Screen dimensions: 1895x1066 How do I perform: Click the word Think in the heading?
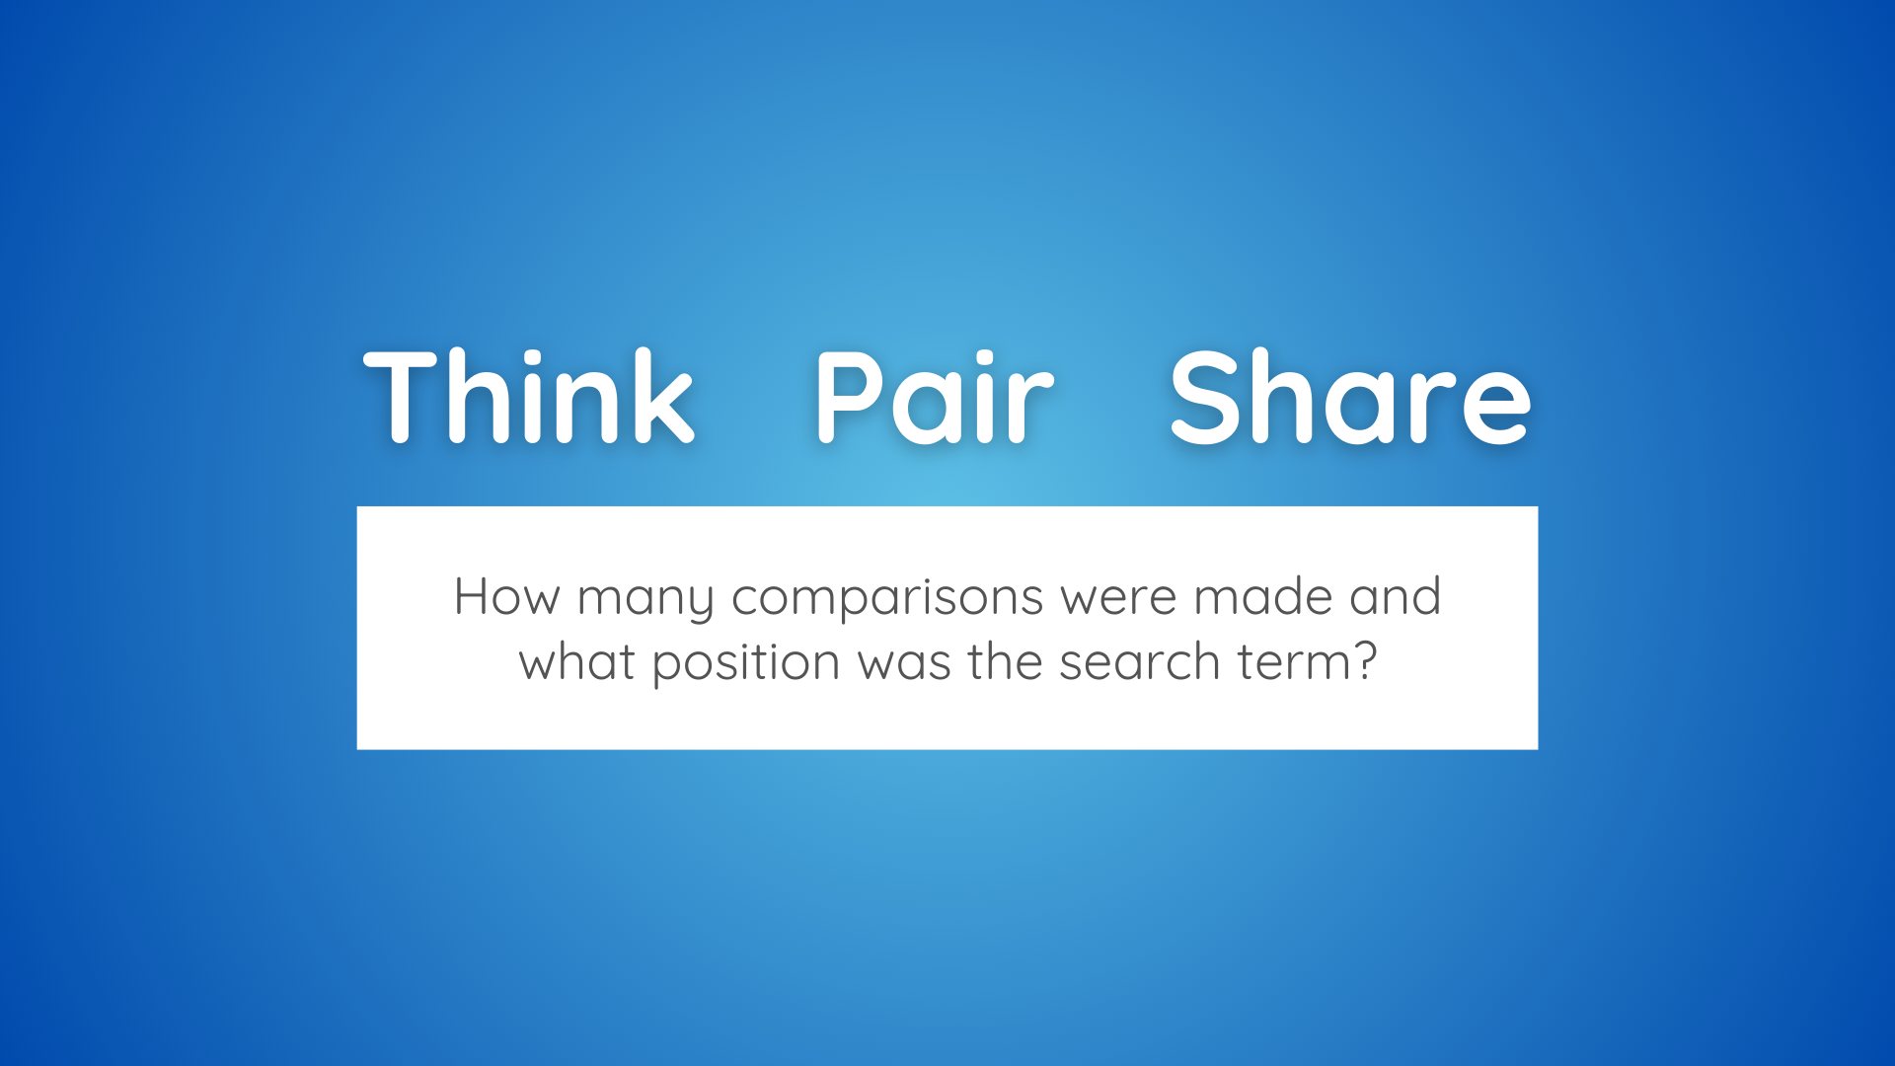529,396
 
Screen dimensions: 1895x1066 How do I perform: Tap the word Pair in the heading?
934,396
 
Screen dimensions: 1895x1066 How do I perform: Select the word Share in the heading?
1350,396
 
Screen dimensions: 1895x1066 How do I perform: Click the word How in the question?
506,597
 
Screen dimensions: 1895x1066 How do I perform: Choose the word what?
577,661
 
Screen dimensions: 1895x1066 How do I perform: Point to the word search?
1140,661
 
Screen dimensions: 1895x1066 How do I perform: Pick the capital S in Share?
1204,397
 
